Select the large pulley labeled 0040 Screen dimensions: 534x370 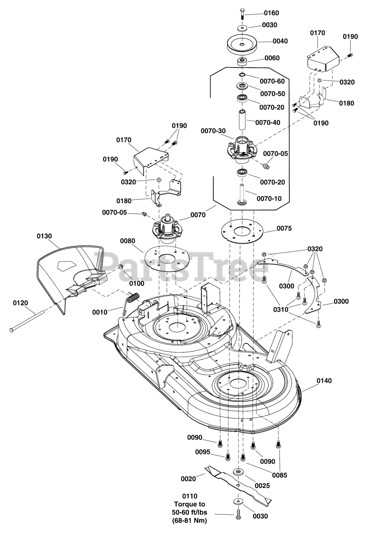[x=242, y=43]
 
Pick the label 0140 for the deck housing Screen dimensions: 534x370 [x=325, y=380]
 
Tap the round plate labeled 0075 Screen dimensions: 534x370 [x=241, y=231]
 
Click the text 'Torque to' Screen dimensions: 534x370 [x=191, y=504]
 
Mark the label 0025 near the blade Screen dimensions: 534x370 [x=262, y=486]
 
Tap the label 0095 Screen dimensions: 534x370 [x=204, y=452]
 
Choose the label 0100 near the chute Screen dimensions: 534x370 [x=136, y=283]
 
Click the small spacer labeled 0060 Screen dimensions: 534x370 [x=242, y=62]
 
